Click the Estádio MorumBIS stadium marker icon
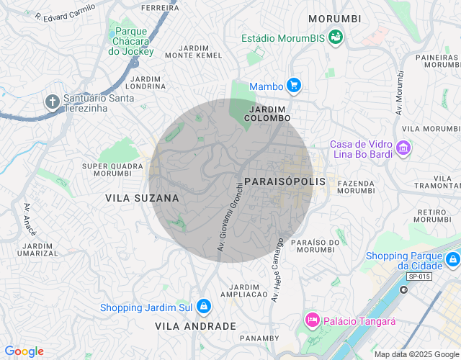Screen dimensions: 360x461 tap(335, 37)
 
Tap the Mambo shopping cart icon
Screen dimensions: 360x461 tap(293, 86)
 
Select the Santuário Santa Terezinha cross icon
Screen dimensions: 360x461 tap(53, 102)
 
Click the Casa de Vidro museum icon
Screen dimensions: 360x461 tap(403, 149)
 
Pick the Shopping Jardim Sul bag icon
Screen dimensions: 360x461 tap(204, 307)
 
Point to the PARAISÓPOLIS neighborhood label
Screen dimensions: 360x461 tap(285, 181)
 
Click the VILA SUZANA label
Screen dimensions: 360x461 tap(142, 197)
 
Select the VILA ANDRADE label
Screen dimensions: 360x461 tap(195, 326)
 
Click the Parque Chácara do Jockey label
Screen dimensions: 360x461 tap(131, 41)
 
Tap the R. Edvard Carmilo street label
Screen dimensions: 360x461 tap(65, 12)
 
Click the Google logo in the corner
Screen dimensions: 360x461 tap(24, 351)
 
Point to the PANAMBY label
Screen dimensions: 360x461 tap(259, 338)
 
